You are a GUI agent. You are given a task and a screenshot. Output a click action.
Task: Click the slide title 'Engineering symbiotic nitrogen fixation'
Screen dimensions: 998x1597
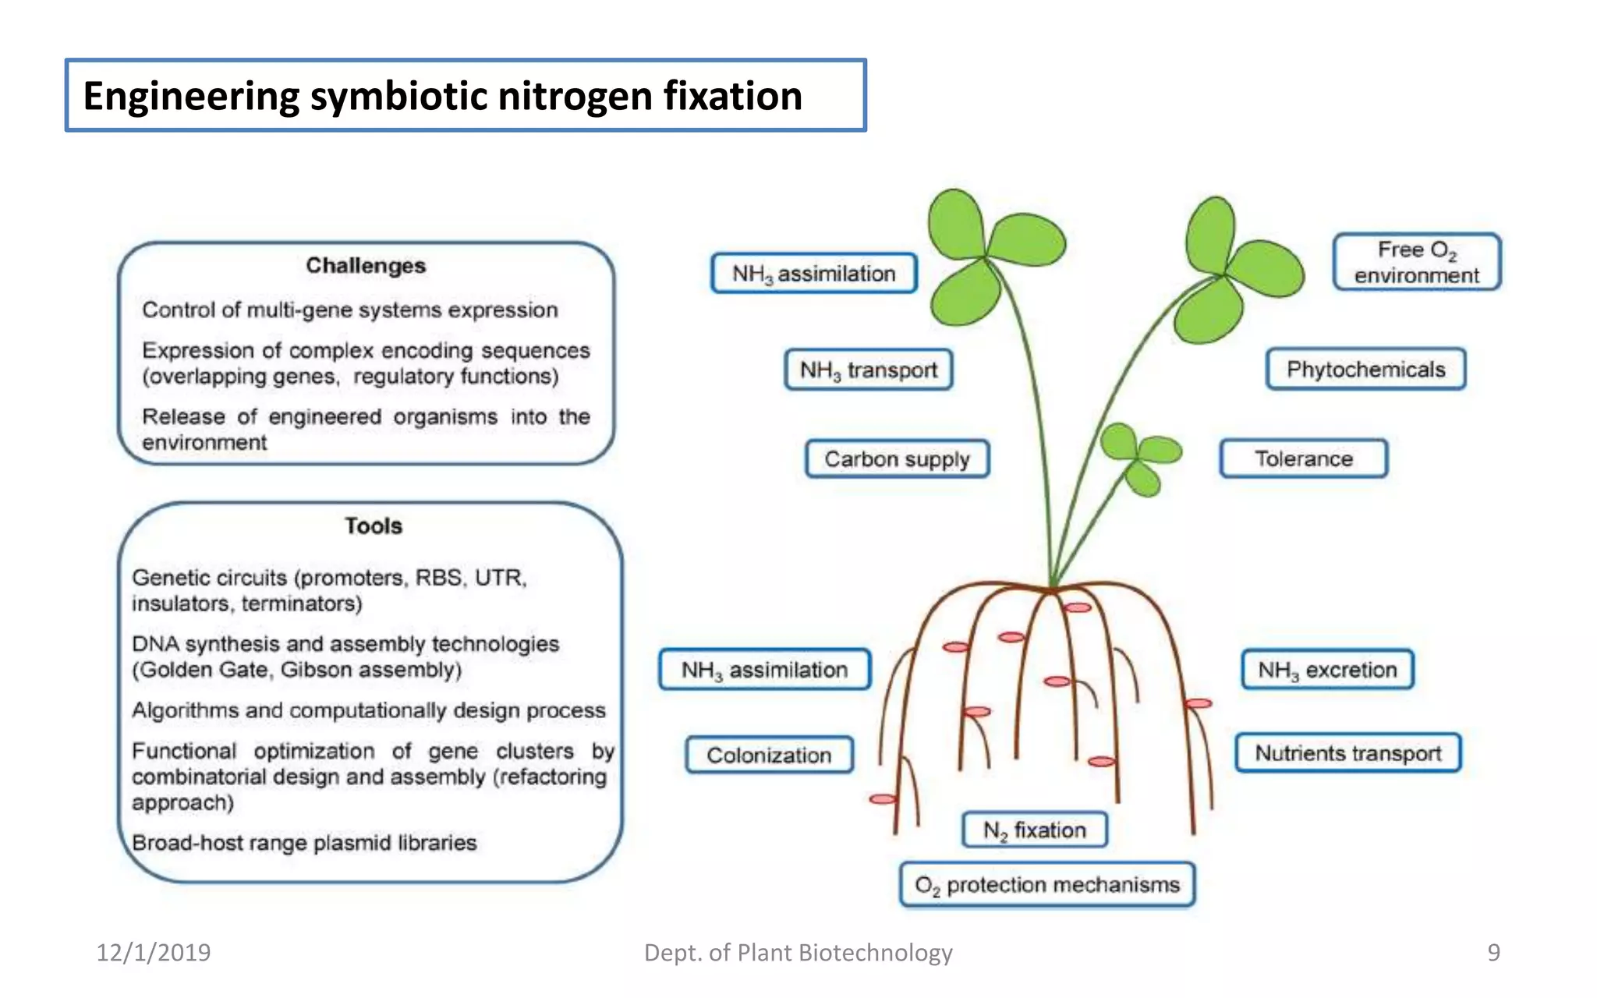442,96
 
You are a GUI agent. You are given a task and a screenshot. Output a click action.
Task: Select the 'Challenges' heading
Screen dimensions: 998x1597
366,266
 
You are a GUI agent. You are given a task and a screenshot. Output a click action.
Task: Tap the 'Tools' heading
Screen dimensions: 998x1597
374,526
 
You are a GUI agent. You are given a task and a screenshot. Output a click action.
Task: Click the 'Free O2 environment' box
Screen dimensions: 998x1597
1416,262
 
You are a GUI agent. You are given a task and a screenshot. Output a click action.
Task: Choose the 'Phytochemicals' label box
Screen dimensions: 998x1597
1365,370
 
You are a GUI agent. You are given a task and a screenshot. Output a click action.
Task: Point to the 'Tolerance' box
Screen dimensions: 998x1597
1303,458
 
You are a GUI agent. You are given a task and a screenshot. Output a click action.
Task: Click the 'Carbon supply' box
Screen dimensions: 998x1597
897,458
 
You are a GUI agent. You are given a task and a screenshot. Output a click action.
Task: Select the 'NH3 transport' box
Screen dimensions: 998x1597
868,370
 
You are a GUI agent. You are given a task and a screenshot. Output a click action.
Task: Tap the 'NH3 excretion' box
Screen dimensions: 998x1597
1327,670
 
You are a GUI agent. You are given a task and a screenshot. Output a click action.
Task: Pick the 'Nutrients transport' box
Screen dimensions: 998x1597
1347,753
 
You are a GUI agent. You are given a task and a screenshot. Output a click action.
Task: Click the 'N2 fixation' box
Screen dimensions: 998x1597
1034,830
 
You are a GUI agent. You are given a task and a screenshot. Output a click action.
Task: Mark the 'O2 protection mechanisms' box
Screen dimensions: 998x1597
1046,885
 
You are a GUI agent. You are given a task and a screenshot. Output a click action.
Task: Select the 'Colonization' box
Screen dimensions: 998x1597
769,755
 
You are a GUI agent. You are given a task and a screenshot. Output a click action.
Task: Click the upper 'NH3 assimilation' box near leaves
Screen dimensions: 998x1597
813,274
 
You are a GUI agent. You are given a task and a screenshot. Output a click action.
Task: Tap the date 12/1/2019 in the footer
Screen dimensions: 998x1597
154,952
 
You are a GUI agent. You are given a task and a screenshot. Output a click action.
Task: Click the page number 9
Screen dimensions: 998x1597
1493,952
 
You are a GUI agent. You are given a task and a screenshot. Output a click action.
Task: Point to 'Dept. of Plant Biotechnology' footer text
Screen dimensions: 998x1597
798,952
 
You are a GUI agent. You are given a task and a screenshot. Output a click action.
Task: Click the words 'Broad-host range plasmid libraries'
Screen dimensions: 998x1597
304,843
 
